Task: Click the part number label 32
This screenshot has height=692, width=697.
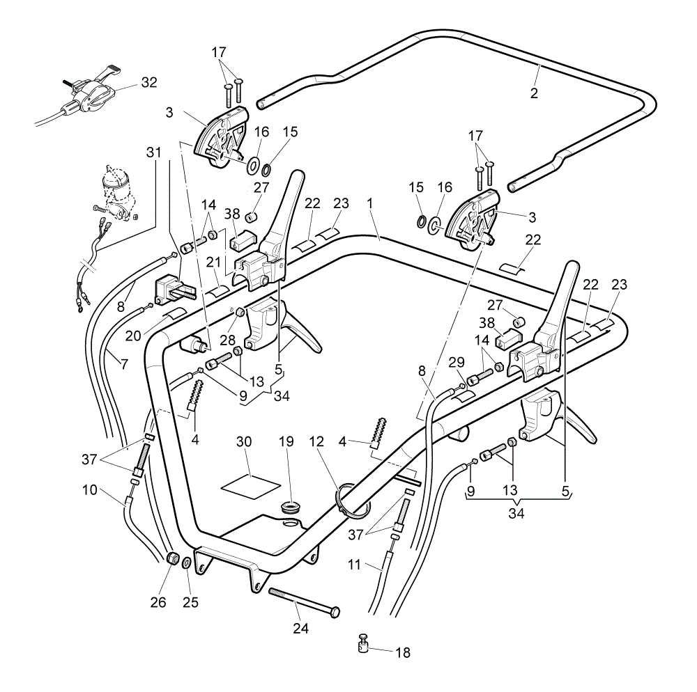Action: coord(149,83)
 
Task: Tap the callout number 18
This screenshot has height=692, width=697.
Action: coord(403,652)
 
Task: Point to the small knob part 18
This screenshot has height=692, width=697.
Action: coord(364,643)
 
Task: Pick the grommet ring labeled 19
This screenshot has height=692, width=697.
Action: coord(290,507)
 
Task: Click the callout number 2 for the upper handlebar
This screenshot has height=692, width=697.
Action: coord(534,93)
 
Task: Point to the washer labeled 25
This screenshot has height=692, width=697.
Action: coord(187,563)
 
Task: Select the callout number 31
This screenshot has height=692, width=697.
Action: coord(154,152)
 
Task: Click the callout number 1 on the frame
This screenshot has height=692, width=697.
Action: coord(369,204)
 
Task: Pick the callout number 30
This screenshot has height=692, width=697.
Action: coord(243,441)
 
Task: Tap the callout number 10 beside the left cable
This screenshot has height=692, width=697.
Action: coord(90,490)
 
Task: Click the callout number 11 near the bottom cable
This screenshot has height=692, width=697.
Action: coord(354,565)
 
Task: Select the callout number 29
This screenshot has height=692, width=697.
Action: coord(457,362)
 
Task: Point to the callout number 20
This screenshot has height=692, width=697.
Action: coord(133,336)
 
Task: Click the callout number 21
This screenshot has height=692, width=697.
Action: coord(213,262)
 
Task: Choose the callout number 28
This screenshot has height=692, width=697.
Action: coord(228,340)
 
